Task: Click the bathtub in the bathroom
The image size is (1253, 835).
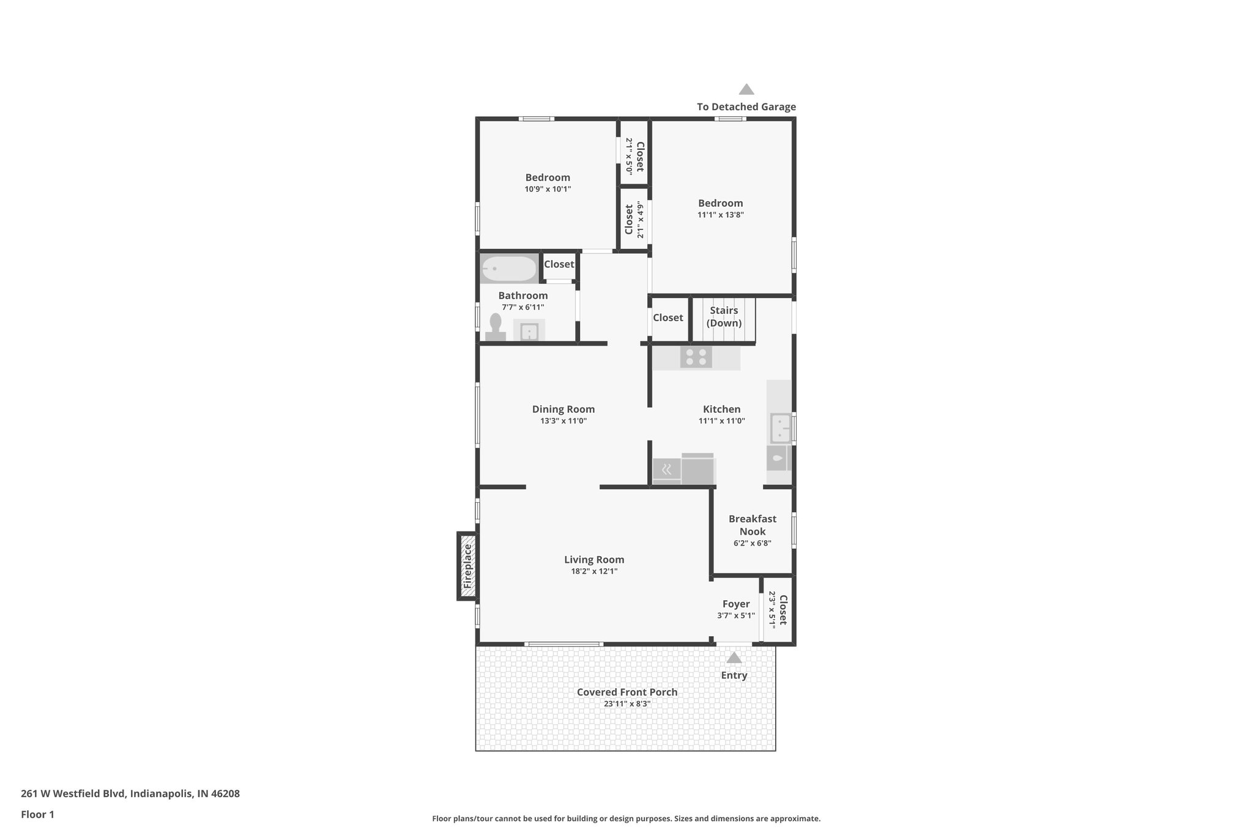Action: (x=508, y=269)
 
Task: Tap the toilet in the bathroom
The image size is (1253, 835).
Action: (x=495, y=327)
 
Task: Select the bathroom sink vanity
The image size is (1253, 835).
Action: (x=529, y=331)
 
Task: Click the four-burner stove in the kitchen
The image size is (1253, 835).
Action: (x=696, y=357)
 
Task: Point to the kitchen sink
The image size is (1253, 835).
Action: (x=779, y=428)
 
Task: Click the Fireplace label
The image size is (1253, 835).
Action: (x=468, y=566)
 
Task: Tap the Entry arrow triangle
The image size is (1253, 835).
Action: (x=734, y=658)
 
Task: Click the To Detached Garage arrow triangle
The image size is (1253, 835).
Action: (x=746, y=89)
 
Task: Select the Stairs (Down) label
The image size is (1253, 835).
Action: (x=724, y=316)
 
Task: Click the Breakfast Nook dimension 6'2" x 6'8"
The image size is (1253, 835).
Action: (x=752, y=543)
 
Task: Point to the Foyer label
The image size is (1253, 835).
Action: (x=735, y=604)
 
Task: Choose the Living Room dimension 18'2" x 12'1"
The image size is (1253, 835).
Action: (x=593, y=571)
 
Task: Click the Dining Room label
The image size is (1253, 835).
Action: (x=563, y=409)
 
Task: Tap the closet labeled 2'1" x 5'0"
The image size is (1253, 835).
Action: (x=634, y=156)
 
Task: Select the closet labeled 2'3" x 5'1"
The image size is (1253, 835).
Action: (x=778, y=609)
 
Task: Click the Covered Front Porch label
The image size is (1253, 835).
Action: (x=626, y=692)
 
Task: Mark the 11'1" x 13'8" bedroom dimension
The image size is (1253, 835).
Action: (x=720, y=215)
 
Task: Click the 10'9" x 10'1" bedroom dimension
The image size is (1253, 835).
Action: (x=547, y=189)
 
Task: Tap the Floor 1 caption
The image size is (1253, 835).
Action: (x=37, y=814)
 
